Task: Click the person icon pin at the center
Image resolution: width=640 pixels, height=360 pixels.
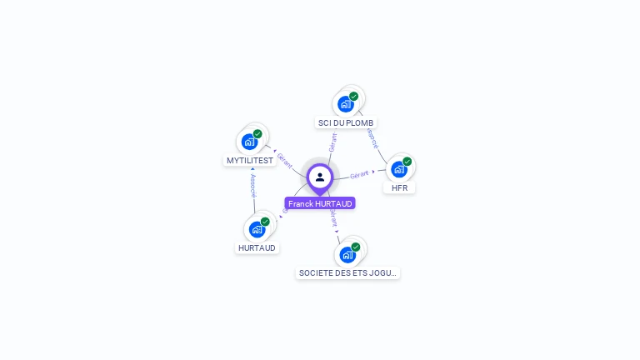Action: pos(320,177)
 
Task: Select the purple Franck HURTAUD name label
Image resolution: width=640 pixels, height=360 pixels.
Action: pos(320,203)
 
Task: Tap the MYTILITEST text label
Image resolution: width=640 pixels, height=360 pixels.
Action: pos(250,160)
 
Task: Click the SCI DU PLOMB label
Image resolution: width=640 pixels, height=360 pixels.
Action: pos(346,122)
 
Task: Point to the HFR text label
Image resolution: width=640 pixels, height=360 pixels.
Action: pos(400,188)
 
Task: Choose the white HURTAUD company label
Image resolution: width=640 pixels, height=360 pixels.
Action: pos(257,247)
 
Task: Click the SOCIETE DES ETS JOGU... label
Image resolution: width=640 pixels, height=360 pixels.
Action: pos(348,272)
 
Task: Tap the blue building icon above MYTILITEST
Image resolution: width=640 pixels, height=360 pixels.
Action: pos(249,142)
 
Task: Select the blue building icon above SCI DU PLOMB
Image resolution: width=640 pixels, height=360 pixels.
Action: pos(345,104)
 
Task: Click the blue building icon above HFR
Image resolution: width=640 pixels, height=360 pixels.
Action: pos(399,169)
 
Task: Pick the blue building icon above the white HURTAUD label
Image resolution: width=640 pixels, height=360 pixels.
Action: pos(257,229)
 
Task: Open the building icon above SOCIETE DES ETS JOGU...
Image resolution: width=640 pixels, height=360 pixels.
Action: pos(347,254)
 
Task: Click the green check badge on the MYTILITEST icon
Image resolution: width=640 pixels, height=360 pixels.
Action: pos(257,134)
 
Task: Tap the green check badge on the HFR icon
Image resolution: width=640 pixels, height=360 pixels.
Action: pos(407,162)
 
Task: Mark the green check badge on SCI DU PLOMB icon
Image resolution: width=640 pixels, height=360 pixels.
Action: pos(353,97)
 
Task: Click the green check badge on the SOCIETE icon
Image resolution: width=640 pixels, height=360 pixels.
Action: pos(356,247)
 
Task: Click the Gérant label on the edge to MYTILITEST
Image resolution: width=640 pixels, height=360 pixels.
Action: pos(285,158)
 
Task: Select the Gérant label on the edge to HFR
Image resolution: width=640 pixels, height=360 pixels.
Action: pos(360,174)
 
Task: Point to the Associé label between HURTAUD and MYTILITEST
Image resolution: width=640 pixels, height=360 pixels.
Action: pos(253,186)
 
